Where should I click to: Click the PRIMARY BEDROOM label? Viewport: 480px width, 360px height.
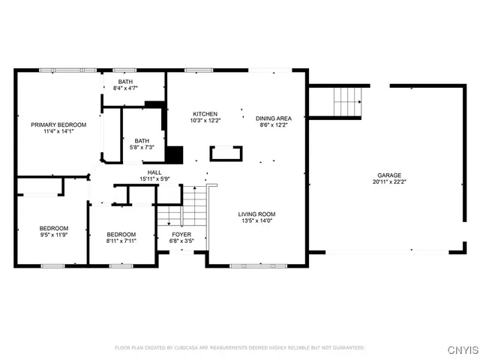click(x=58, y=124)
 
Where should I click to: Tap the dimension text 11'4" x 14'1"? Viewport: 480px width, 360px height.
click(x=58, y=132)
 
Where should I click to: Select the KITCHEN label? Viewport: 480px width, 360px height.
click(x=204, y=113)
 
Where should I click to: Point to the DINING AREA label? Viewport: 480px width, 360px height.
click(x=274, y=118)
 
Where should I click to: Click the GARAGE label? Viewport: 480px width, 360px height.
click(x=389, y=175)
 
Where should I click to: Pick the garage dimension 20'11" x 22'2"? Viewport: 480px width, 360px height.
click(x=389, y=182)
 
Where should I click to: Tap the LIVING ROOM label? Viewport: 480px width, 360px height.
click(x=257, y=214)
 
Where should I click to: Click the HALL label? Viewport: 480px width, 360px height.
click(x=154, y=172)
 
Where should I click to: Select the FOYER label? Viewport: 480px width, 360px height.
click(x=181, y=234)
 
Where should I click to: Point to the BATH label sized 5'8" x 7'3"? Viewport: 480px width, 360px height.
click(x=142, y=140)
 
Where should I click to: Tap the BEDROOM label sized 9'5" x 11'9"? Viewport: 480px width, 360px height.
click(x=54, y=228)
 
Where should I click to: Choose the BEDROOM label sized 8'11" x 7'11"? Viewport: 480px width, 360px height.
click(x=121, y=234)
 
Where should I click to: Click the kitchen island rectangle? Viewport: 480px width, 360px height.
click(x=226, y=154)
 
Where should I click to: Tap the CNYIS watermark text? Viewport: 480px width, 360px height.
click(x=460, y=349)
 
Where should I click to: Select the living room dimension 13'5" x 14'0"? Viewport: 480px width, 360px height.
click(x=257, y=221)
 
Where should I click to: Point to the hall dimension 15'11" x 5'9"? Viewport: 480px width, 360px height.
click(x=154, y=179)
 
